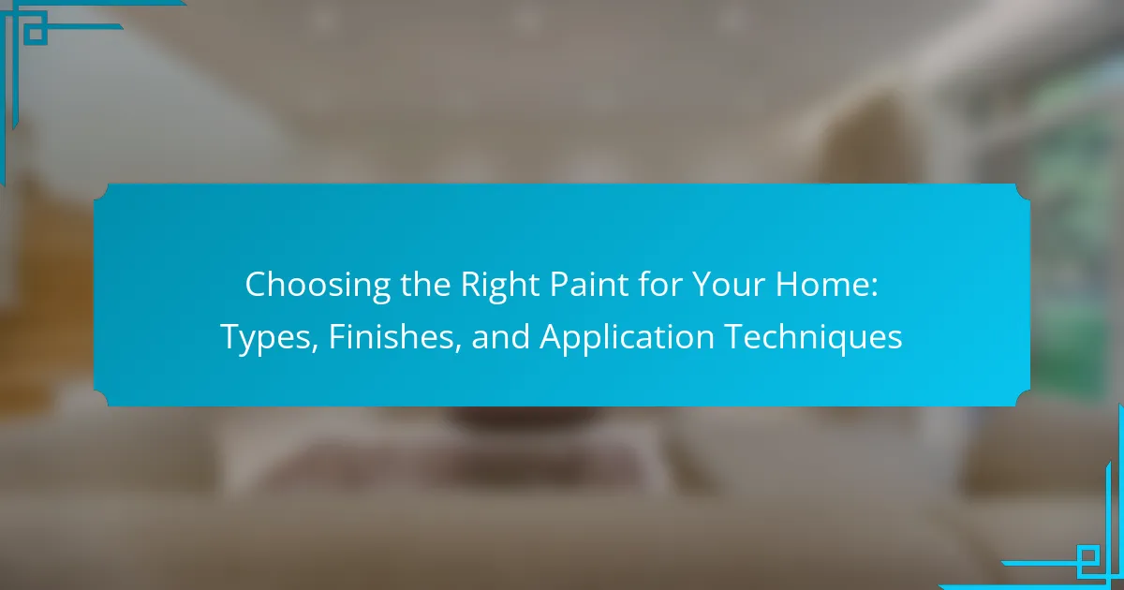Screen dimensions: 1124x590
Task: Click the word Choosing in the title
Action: [318, 286]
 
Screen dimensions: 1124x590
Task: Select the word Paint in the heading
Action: [588, 285]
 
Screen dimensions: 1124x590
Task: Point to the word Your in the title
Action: [729, 285]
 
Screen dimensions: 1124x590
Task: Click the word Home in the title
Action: [821, 285]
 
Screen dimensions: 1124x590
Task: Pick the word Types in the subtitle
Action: [266, 338]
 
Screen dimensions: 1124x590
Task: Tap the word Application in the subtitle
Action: [627, 338]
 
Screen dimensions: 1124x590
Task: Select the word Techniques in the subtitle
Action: [813, 338]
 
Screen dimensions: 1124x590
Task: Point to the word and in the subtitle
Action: [501, 336]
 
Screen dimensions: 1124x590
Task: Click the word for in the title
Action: [659, 285]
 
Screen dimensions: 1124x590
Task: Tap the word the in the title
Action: [425, 285]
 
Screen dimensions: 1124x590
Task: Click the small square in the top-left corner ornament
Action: [36, 33]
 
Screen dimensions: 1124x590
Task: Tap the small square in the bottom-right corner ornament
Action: [1087, 557]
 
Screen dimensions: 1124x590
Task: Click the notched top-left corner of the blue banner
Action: [101, 192]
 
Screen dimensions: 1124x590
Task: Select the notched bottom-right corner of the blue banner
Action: [1023, 399]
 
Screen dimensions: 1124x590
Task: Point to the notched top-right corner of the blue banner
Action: [1023, 192]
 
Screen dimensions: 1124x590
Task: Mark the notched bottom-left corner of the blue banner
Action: [101, 399]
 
